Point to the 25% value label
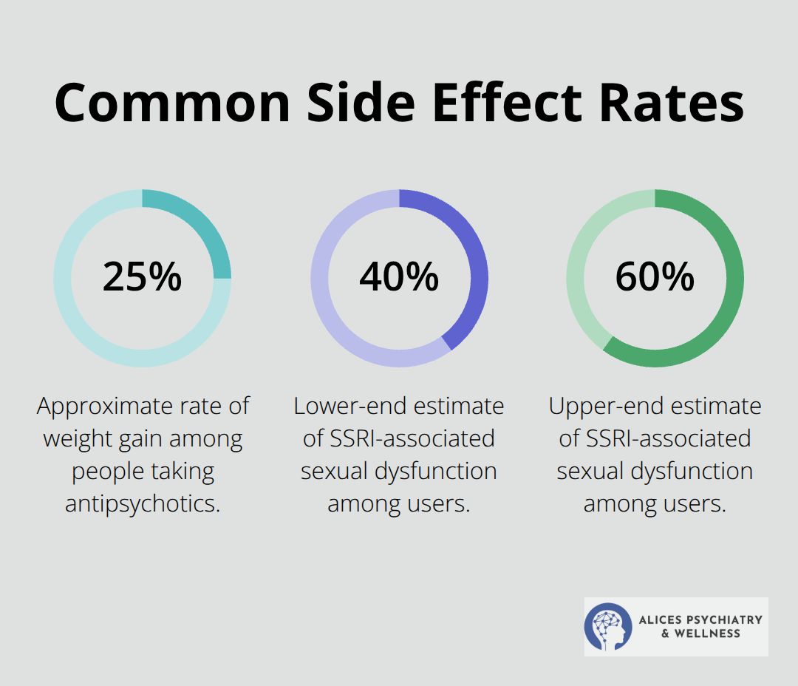click(x=142, y=277)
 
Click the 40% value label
click(x=399, y=277)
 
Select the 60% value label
click(x=655, y=277)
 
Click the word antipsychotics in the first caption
click(x=143, y=503)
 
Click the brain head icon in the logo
click(x=608, y=626)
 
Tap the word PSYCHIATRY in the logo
click(x=720, y=619)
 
